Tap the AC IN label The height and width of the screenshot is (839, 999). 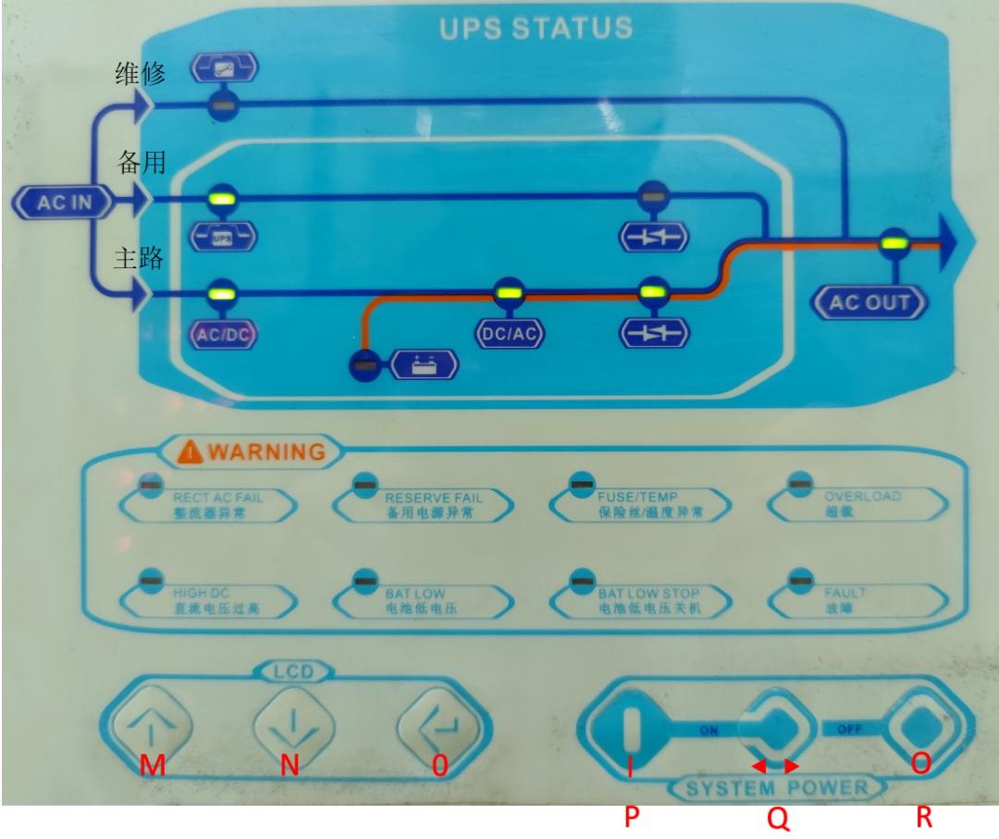tap(57, 204)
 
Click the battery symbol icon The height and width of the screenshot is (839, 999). tap(423, 364)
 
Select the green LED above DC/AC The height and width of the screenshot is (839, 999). tap(505, 293)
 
